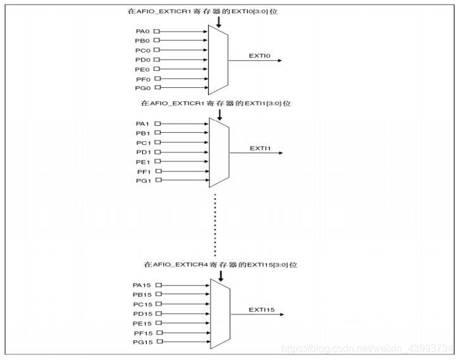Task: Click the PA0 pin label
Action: tap(142, 31)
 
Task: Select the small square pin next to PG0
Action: tap(157, 88)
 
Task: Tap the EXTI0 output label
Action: tap(259, 56)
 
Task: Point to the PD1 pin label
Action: tap(142, 152)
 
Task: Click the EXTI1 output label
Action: tap(260, 148)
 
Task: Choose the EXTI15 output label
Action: tap(261, 309)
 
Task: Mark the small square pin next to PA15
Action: tap(158, 285)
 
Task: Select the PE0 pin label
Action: tap(142, 69)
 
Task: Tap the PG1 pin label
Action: tap(142, 180)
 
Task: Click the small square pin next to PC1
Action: tap(157, 142)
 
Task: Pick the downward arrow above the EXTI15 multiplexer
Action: tap(221, 276)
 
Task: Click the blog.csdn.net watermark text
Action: tap(367, 349)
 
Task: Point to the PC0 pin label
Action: tap(142, 50)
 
